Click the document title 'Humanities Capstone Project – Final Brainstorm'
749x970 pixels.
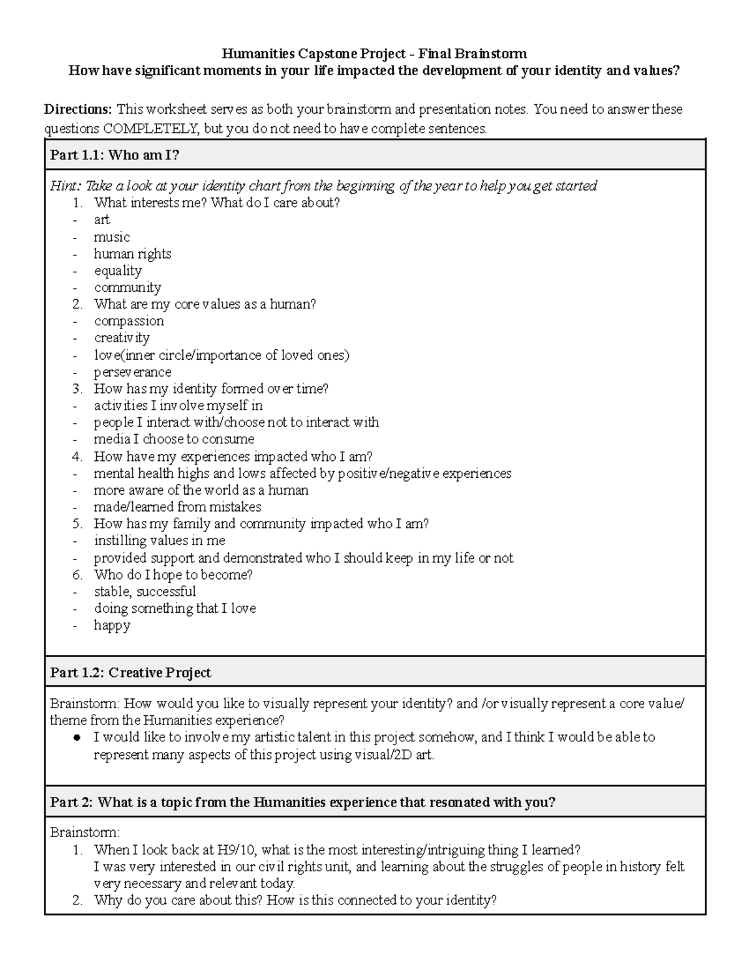374,54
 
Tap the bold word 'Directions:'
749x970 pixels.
77,109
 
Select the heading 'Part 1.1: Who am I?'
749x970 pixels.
115,155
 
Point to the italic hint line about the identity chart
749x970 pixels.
323,186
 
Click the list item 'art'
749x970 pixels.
102,220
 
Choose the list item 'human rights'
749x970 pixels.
132,254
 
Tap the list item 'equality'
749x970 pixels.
118,270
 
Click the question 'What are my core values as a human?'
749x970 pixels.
205,304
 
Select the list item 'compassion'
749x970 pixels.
129,321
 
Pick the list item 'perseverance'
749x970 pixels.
132,372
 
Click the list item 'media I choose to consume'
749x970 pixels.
174,439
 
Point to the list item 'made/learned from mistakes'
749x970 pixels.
177,507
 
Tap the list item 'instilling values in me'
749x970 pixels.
160,540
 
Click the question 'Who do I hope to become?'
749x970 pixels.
173,575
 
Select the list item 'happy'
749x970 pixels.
112,625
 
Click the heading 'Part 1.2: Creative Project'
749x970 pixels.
130,673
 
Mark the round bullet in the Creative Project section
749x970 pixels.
77,738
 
